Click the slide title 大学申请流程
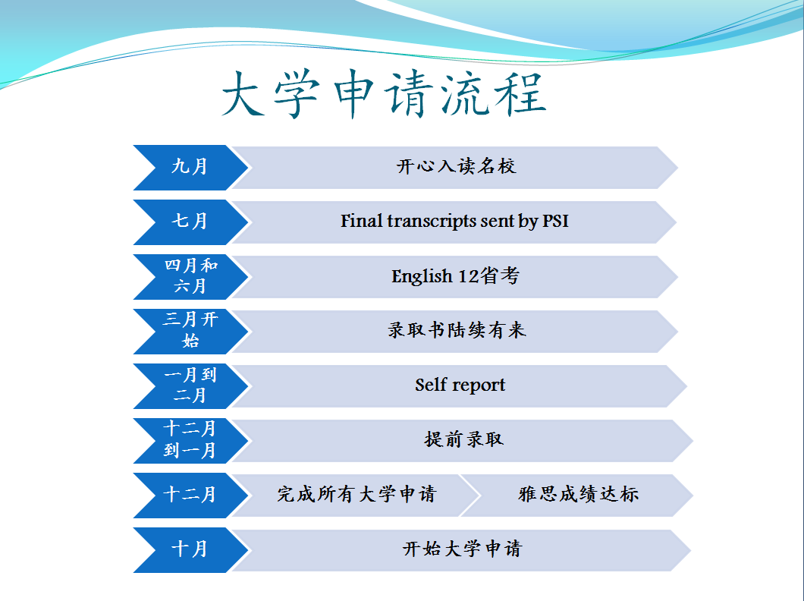click(384, 94)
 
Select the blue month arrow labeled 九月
click(190, 168)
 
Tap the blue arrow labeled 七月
click(190, 222)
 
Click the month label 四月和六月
click(190, 276)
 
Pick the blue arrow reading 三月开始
click(190, 332)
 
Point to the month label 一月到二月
click(190, 385)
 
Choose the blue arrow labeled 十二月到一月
click(190, 441)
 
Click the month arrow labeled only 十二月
click(190, 496)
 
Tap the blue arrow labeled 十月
click(190, 550)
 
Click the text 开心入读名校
click(456, 166)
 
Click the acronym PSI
click(555, 221)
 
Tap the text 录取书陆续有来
click(457, 330)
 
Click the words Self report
click(460, 385)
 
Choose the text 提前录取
click(464, 439)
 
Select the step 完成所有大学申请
click(356, 494)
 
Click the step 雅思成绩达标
click(579, 494)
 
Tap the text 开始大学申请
click(462, 549)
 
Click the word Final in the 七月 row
click(362, 221)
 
